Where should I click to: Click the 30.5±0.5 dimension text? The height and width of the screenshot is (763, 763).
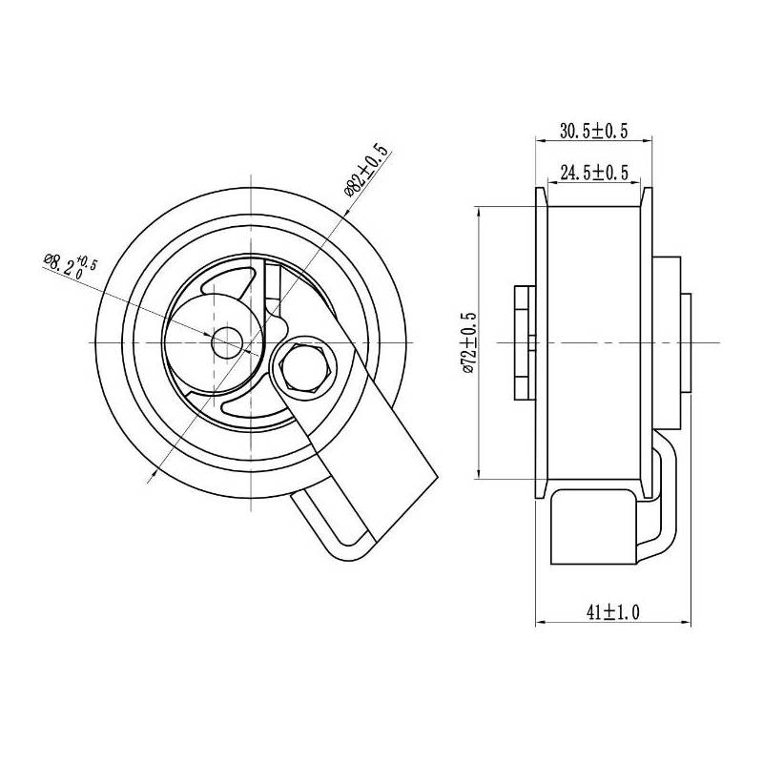click(592, 130)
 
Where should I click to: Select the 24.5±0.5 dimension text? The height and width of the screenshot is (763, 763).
click(593, 173)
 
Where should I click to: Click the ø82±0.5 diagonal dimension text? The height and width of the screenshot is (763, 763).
click(366, 170)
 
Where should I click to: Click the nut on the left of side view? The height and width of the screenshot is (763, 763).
click(522, 340)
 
